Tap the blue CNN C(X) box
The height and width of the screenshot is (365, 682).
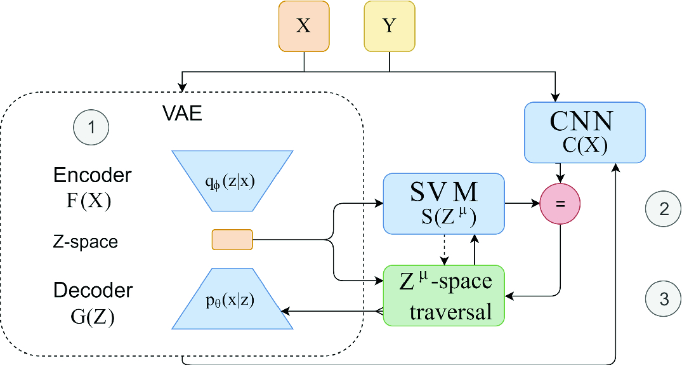[585, 132]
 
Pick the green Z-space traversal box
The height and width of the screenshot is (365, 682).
[443, 295]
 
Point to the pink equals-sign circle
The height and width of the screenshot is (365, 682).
[560, 204]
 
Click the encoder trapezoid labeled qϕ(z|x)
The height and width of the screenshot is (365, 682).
[232, 181]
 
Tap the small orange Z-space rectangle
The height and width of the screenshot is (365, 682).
[232, 240]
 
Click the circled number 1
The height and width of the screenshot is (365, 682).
[91, 128]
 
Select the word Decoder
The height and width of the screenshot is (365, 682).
[93, 291]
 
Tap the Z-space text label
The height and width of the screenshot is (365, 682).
[86, 242]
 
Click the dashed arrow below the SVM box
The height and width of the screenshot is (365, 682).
[444, 250]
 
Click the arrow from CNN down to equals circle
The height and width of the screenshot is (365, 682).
[560, 172]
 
